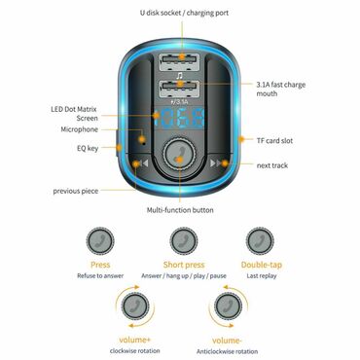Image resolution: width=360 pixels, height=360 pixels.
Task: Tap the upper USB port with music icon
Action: click(180, 65)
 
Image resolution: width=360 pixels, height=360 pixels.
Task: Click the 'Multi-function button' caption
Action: click(180, 210)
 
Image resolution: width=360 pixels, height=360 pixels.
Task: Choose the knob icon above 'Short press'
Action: click(179, 239)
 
